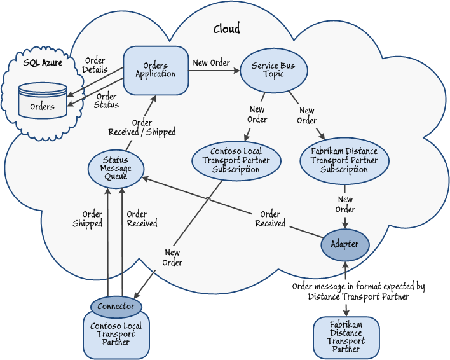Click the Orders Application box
(x=155, y=69)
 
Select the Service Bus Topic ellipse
(x=273, y=70)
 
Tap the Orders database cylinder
(x=43, y=100)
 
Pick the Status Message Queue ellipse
(x=115, y=168)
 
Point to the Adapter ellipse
(x=345, y=244)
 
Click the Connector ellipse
(x=116, y=307)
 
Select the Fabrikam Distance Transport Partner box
(x=346, y=337)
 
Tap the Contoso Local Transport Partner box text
(x=116, y=334)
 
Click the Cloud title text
(x=227, y=29)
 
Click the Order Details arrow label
(x=95, y=65)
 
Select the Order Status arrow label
(x=106, y=100)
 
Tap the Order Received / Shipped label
(x=142, y=128)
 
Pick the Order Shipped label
(x=87, y=219)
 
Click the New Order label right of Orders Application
(x=211, y=62)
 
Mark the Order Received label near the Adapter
(x=270, y=219)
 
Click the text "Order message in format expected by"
(x=358, y=287)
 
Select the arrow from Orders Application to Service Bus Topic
(x=214, y=69)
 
